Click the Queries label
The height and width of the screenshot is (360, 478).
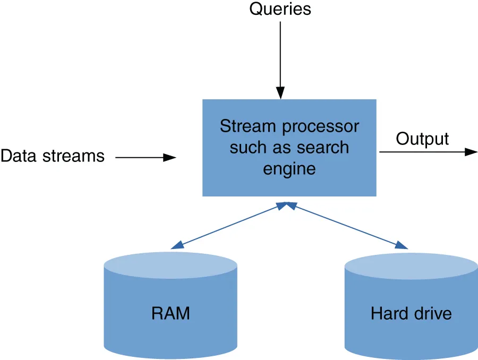(x=280, y=9)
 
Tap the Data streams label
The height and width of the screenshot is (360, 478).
(x=53, y=156)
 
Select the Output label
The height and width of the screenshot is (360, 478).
(x=422, y=139)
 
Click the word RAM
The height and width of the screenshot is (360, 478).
(x=170, y=313)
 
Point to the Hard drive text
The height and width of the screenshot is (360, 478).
(x=411, y=313)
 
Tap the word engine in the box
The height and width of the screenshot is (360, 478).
(x=289, y=168)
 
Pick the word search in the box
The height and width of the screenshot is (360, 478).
(x=324, y=147)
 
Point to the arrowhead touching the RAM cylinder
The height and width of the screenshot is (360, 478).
(x=177, y=245)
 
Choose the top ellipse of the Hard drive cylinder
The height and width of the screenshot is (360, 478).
(x=411, y=265)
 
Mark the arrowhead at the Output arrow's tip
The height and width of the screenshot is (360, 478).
(x=472, y=152)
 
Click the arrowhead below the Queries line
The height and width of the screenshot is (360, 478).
(x=281, y=93)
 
